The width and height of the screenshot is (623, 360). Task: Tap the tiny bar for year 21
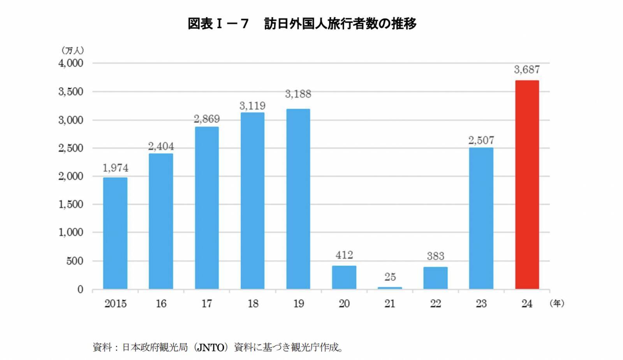point(390,288)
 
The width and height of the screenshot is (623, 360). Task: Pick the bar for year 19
point(298,199)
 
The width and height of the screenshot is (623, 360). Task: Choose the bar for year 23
point(481,218)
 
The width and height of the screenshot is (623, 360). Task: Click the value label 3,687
point(527,70)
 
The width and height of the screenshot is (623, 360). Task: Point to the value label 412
point(344,255)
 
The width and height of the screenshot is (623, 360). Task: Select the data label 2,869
point(207,119)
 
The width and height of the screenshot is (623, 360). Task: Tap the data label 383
point(435,256)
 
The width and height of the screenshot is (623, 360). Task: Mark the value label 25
point(390,277)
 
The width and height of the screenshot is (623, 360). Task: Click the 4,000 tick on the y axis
point(71,63)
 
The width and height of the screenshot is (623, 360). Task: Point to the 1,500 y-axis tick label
point(71,204)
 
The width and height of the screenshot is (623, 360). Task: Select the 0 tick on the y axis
point(80,289)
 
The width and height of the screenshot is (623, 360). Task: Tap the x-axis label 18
point(253,304)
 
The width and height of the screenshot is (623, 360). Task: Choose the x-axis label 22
point(435,304)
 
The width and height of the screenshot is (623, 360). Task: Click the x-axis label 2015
point(115,304)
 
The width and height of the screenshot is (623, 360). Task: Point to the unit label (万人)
point(72,51)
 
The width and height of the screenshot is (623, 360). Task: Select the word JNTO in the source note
point(211,347)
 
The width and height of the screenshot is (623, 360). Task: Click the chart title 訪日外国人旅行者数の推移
point(340,24)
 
